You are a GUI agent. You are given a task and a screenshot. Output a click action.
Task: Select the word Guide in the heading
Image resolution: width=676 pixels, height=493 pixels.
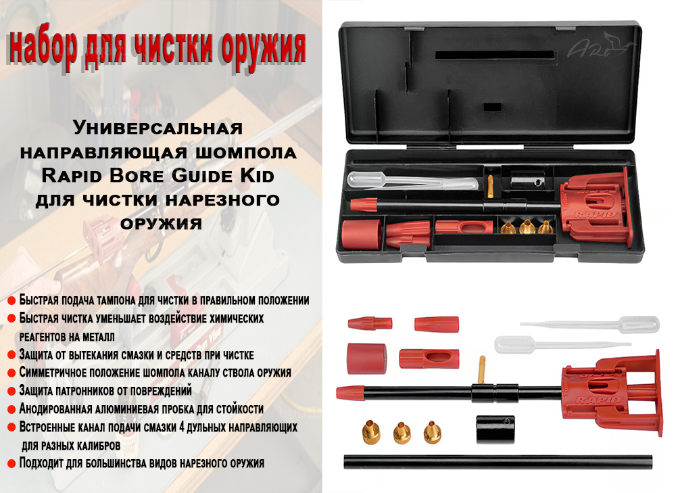(x=201, y=176)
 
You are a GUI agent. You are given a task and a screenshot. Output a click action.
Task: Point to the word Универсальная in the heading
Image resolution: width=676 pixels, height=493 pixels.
(x=158, y=128)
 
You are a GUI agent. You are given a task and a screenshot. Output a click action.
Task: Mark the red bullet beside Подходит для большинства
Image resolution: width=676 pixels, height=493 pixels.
(x=11, y=464)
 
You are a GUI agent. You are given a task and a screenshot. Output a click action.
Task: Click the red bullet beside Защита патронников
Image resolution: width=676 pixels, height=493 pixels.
(x=11, y=391)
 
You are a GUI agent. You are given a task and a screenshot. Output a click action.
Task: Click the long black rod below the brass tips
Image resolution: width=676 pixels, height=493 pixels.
(x=498, y=462)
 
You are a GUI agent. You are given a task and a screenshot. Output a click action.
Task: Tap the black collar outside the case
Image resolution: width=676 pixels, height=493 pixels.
(x=496, y=429)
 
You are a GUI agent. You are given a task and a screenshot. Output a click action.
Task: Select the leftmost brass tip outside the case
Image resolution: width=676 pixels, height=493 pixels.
(x=370, y=431)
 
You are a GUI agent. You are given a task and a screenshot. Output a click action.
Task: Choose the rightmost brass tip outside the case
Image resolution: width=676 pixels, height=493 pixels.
(x=432, y=433)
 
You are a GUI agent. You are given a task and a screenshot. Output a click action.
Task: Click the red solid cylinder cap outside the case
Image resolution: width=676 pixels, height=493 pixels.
(x=366, y=358)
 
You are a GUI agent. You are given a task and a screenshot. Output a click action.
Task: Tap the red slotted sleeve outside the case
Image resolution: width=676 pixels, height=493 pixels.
(x=429, y=359)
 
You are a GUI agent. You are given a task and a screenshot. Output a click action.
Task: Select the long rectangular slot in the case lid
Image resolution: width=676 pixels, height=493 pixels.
(x=495, y=55)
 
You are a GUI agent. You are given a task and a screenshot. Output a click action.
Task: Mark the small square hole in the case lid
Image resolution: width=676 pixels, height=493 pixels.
(x=492, y=108)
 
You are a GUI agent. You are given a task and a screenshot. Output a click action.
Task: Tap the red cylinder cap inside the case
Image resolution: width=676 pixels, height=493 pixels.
(x=361, y=234)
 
